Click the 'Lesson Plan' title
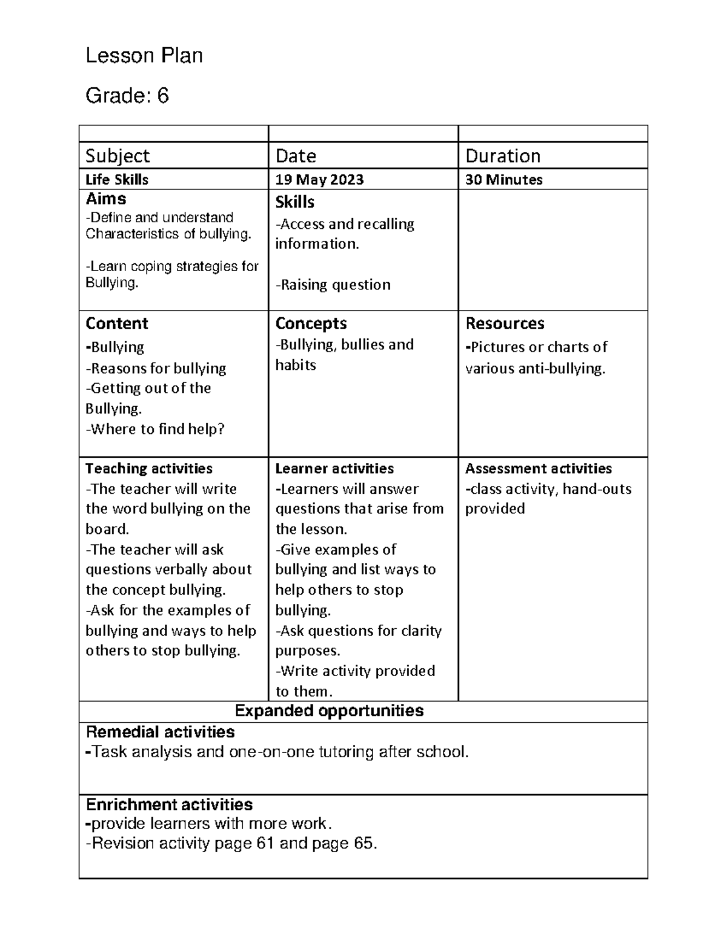[x=144, y=56]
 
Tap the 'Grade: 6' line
[x=127, y=96]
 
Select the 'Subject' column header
[x=118, y=156]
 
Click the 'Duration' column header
[x=503, y=156]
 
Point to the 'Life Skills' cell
[x=117, y=180]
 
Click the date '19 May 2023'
[x=319, y=180]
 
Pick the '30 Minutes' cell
[x=503, y=180]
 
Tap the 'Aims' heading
[x=106, y=199]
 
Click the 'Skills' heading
[x=294, y=202]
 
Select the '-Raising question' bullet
[x=333, y=284]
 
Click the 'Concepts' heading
[x=311, y=323]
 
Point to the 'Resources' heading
[x=505, y=323]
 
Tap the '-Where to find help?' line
[x=155, y=429]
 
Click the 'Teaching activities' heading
[x=149, y=468]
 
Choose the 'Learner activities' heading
[x=334, y=468]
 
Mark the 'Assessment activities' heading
[x=538, y=468]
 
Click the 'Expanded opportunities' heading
[x=329, y=711]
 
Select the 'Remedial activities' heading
[x=161, y=732]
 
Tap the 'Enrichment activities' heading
[x=169, y=804]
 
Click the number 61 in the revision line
[x=265, y=844]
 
